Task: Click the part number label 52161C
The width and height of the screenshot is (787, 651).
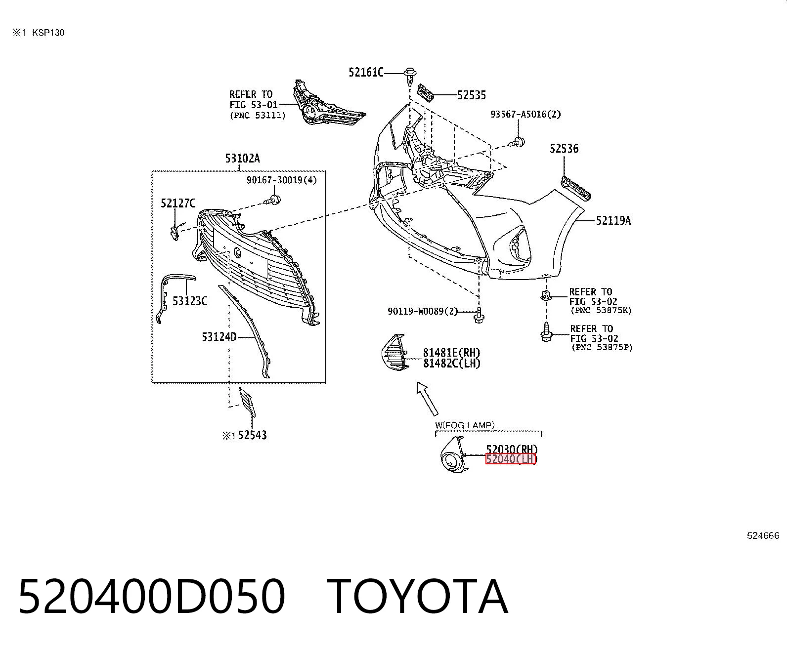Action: tap(366, 72)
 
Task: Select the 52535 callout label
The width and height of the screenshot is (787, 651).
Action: tap(472, 95)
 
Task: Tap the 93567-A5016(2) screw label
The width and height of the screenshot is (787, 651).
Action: tap(525, 114)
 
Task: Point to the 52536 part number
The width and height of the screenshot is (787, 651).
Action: tap(564, 149)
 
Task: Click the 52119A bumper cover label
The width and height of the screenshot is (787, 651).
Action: tap(613, 220)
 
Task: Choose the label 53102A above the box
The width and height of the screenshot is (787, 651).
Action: tap(242, 159)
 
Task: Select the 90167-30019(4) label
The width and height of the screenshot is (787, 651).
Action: tap(282, 180)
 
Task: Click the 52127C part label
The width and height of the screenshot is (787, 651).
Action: tap(178, 203)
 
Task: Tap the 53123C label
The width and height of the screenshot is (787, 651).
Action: tap(190, 301)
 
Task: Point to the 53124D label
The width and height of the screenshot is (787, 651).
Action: tap(219, 337)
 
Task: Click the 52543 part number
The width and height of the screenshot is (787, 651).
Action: tap(252, 436)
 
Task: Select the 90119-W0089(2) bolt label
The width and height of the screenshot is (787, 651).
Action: tap(423, 312)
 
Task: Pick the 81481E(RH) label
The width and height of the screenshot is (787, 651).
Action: tap(451, 353)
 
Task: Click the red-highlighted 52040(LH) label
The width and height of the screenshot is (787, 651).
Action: tap(511, 459)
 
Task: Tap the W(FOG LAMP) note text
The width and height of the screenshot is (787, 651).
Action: tap(465, 425)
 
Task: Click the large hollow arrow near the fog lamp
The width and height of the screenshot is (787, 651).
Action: tap(427, 399)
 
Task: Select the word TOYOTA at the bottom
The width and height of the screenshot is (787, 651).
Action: tap(417, 597)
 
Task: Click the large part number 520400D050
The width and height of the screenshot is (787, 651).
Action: tap(152, 597)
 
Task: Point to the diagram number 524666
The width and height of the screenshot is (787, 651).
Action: tap(763, 536)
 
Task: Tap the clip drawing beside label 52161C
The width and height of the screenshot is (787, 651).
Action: tap(410, 77)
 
